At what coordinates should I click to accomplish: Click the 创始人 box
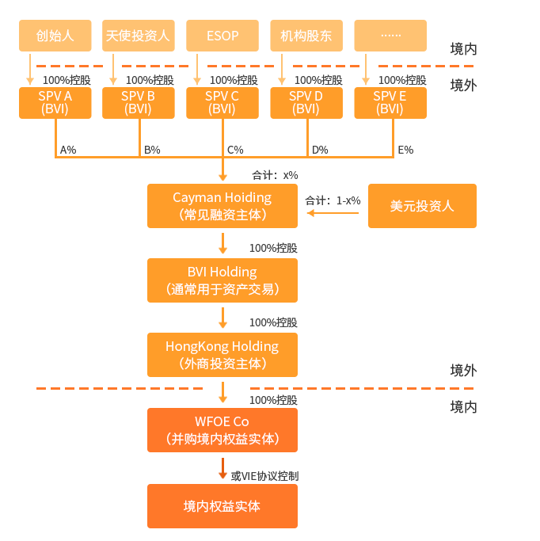[x=55, y=36]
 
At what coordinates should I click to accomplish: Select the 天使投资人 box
[x=138, y=36]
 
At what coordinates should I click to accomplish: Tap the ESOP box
[x=222, y=36]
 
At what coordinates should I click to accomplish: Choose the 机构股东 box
[x=306, y=36]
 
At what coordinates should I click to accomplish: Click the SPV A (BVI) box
[x=55, y=103]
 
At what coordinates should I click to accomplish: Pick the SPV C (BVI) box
[x=222, y=103]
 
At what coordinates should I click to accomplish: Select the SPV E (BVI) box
[x=390, y=103]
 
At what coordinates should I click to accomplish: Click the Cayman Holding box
[x=222, y=206]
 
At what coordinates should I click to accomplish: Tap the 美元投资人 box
[x=422, y=206]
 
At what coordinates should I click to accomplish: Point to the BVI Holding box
[x=222, y=280]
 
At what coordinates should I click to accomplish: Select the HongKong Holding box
[x=222, y=355]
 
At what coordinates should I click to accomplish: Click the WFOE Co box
[x=222, y=430]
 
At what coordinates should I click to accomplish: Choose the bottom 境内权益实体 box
[x=222, y=506]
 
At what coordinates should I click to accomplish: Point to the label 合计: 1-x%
[x=333, y=200]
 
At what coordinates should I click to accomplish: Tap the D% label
[x=320, y=149]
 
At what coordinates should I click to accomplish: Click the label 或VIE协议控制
[x=264, y=476]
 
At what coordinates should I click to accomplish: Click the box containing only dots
[x=390, y=36]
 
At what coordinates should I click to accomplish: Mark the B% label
[x=152, y=149]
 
